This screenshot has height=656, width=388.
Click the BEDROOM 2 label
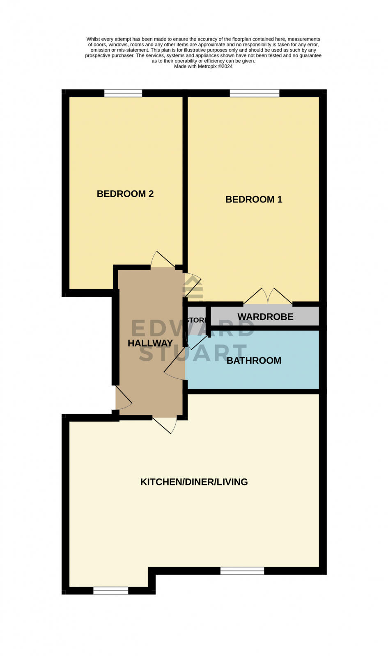point(125,194)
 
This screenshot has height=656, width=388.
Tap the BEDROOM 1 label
point(254,200)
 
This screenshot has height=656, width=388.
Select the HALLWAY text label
point(150,343)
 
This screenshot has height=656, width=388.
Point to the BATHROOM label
point(254,361)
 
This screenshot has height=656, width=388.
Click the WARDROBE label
point(265,317)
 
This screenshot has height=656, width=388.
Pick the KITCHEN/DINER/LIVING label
point(194,482)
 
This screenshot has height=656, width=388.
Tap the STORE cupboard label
point(196,320)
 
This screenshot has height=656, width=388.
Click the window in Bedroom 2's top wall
point(123,93)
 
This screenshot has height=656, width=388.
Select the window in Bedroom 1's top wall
point(255,93)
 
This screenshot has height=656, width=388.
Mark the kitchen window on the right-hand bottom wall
point(242,571)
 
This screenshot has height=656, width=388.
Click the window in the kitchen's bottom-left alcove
point(111,590)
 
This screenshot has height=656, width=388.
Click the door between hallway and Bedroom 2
point(163,260)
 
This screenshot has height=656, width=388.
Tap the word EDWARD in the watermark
point(193,328)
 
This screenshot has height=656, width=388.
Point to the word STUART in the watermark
point(193,353)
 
